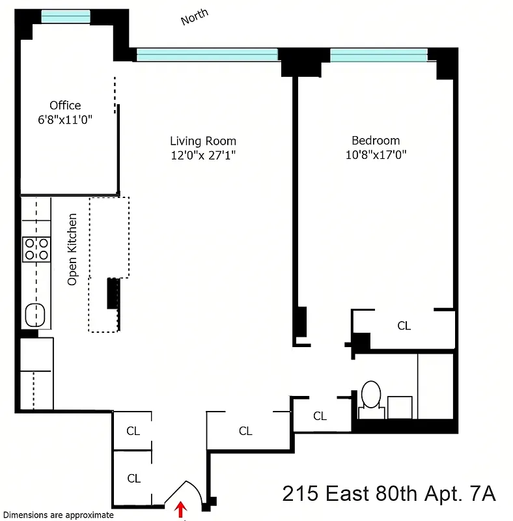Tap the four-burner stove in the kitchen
36,249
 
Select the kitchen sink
35,315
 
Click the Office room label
65,106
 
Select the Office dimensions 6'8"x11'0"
65,119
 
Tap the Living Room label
203,141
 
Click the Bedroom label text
376,141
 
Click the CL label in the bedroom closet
404,326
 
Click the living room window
207,55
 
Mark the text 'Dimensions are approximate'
57,514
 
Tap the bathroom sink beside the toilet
400,406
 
